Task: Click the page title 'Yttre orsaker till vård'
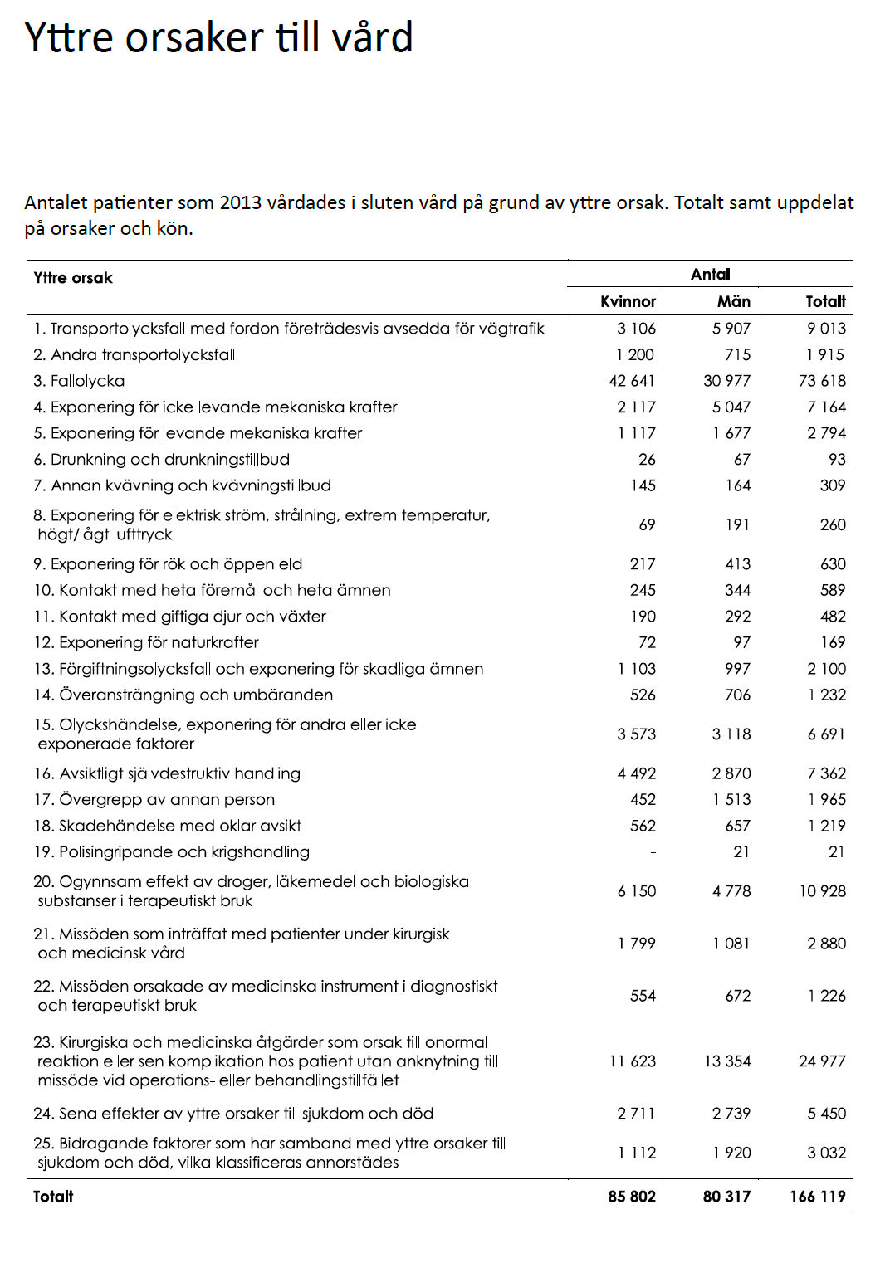click(218, 38)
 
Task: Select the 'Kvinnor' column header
click(628, 301)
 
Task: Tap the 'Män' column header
click(733, 301)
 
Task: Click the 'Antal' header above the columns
click(710, 274)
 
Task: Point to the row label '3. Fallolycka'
click(79, 381)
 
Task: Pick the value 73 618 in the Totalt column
click(822, 381)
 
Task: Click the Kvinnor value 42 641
click(632, 381)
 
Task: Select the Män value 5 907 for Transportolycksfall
click(731, 329)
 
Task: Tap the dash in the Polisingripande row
click(653, 852)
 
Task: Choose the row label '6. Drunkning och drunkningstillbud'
click(161, 460)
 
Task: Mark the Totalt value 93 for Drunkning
click(836, 460)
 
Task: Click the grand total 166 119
click(817, 1197)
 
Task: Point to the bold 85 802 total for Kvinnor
click(632, 1197)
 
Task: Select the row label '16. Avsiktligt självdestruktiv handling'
click(167, 773)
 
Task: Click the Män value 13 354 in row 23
click(727, 1061)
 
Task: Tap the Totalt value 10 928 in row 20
click(822, 891)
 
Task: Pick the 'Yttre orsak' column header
click(73, 278)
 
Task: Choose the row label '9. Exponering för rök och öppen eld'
click(168, 564)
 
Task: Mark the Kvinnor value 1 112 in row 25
click(637, 1153)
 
